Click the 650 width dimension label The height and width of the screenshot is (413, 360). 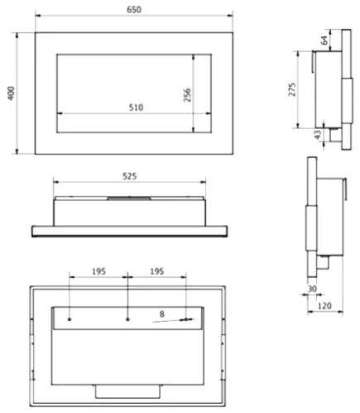click(134, 9)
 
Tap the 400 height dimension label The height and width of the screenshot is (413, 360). click(11, 94)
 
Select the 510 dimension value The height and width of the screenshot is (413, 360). click(137, 107)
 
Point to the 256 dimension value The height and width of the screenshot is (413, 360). click(187, 95)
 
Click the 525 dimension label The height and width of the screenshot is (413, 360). click(130, 176)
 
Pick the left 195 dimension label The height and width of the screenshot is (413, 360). click(98, 271)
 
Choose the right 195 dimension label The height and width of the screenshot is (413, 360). click(157, 271)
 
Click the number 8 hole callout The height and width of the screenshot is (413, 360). click(162, 314)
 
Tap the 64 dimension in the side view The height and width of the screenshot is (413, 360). click(324, 41)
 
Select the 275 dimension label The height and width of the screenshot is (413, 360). click(292, 89)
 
